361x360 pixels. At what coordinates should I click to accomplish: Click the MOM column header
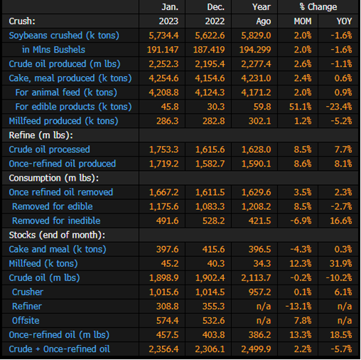pos(303,21)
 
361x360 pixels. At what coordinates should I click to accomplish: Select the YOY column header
pos(344,21)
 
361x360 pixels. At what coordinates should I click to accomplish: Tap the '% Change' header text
pos(318,7)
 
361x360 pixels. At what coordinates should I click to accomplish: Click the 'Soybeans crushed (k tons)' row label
pos(64,36)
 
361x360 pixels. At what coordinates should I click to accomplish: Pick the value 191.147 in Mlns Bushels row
pos(163,50)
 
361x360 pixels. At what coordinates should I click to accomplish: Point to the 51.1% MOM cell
pos(300,107)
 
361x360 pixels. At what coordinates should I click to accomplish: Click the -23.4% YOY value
pos(339,107)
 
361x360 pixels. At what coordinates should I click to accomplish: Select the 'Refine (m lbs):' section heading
pos(41,135)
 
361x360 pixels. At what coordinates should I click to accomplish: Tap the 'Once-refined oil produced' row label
pos(63,164)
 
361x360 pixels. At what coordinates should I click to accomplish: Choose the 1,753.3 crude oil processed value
pos(163,149)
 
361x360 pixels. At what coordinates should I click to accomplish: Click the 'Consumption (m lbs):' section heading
pos(54,178)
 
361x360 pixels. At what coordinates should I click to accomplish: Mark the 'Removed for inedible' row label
pos(56,221)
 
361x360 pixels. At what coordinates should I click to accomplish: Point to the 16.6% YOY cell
pos(341,221)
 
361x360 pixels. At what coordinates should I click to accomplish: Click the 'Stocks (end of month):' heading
pos(57,235)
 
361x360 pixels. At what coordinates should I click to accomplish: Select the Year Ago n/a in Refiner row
pos(264,306)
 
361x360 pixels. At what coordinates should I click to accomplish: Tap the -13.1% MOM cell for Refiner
pos(298,306)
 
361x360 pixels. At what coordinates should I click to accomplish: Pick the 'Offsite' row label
pos(26,321)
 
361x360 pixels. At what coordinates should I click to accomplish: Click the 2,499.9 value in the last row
pos(256,349)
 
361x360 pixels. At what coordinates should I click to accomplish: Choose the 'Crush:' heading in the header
pos(22,21)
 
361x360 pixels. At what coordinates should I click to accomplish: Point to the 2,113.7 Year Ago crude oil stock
pos(256,277)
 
